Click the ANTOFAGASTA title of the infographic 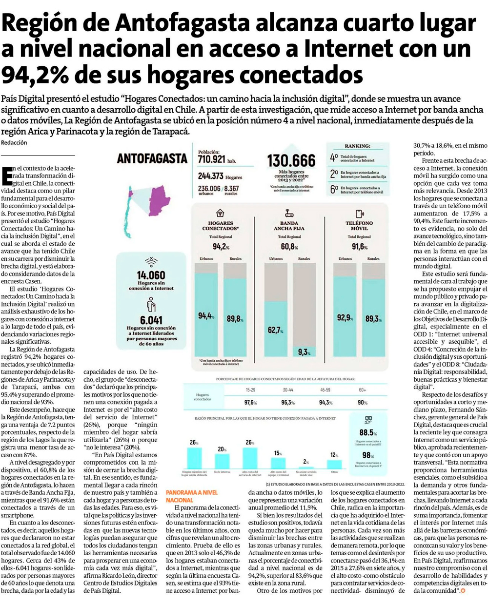point(152,158)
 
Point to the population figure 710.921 point(212,159)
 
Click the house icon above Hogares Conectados point(220,213)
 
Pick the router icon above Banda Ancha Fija point(289,213)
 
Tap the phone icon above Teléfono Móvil point(359,213)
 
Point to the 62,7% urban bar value point(275,330)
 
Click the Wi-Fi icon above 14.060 point(152,261)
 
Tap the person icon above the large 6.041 point(152,305)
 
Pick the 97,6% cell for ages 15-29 point(250,402)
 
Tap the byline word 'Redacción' point(14,142)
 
